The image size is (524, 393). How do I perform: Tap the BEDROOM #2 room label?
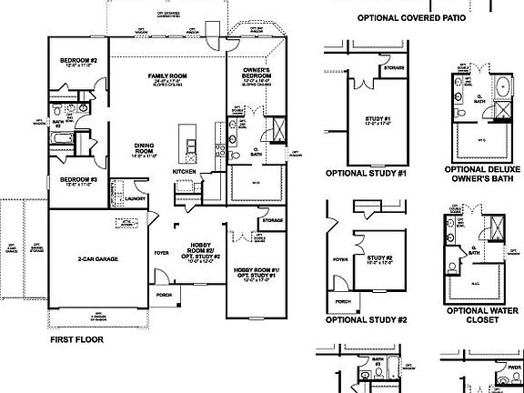pos(78,61)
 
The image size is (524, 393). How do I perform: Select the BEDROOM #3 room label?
pos(78,179)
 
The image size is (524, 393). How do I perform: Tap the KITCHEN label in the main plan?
pos(185,171)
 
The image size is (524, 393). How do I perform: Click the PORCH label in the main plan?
pos(165,295)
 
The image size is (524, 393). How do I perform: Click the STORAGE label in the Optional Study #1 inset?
pos(395,66)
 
